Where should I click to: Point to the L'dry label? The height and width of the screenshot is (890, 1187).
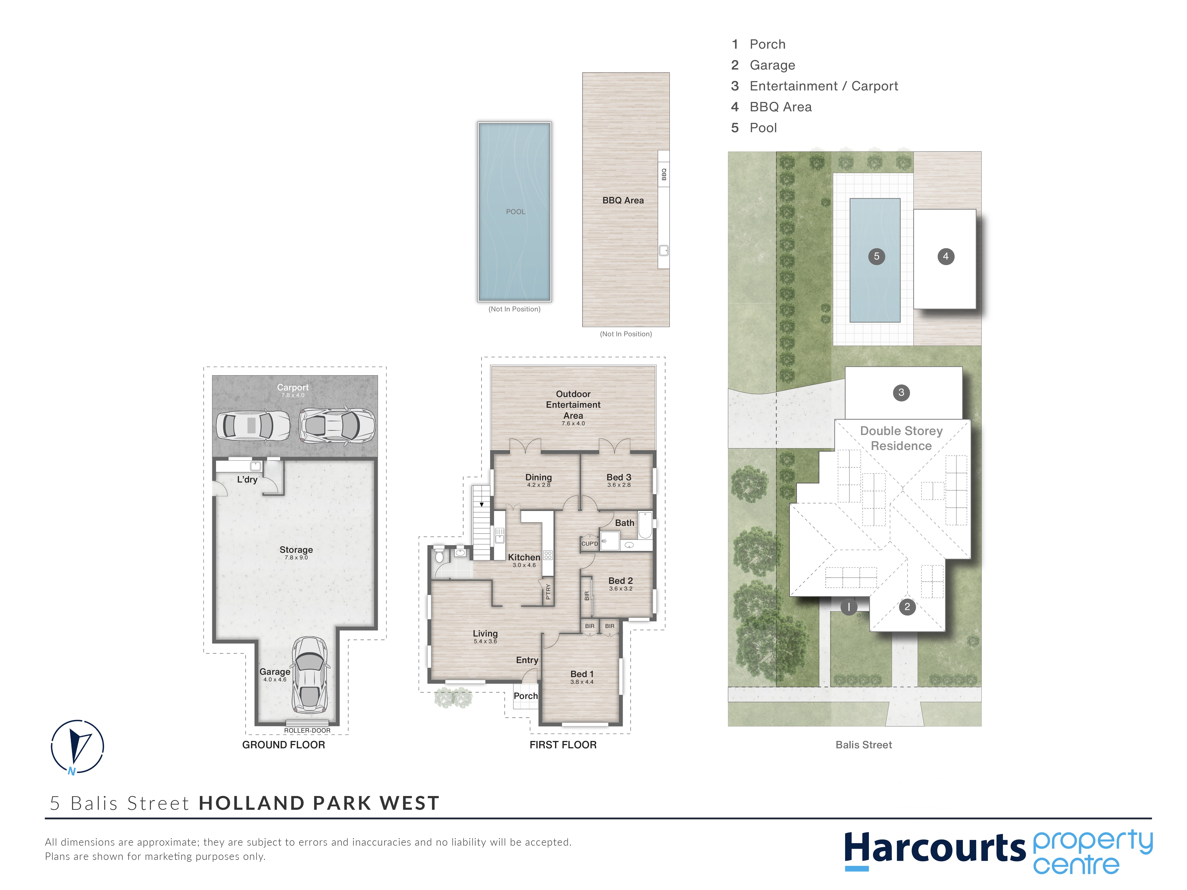click(x=247, y=480)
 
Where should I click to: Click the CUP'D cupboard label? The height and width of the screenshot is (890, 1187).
click(x=590, y=543)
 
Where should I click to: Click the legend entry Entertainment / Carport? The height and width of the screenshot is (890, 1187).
click(x=824, y=86)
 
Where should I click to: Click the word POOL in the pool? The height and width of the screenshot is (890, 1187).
click(x=516, y=212)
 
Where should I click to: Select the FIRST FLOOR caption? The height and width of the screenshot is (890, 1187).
click(x=563, y=745)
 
